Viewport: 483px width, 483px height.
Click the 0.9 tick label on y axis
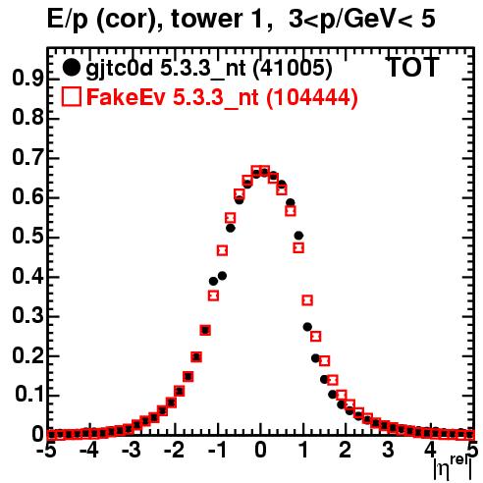click(27, 79)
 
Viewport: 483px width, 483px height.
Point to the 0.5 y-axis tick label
click(27, 237)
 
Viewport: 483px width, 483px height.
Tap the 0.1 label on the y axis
click(29, 395)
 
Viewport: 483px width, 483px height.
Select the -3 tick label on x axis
click(132, 450)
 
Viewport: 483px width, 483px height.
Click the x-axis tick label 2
click(345, 450)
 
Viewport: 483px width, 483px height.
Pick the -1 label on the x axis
click(217, 450)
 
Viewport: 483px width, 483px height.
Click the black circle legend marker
click(71, 68)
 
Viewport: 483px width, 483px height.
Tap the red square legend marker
click(71, 97)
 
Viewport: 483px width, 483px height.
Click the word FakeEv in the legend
click(126, 97)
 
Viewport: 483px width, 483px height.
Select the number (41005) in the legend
click(294, 69)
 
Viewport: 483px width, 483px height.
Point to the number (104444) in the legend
click(312, 98)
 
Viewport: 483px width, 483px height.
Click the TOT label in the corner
click(412, 67)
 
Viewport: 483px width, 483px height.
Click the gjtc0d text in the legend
click(119, 69)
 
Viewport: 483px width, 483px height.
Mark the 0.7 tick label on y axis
click(27, 157)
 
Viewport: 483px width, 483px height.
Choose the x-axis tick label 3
click(388, 450)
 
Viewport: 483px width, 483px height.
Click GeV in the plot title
click(368, 19)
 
